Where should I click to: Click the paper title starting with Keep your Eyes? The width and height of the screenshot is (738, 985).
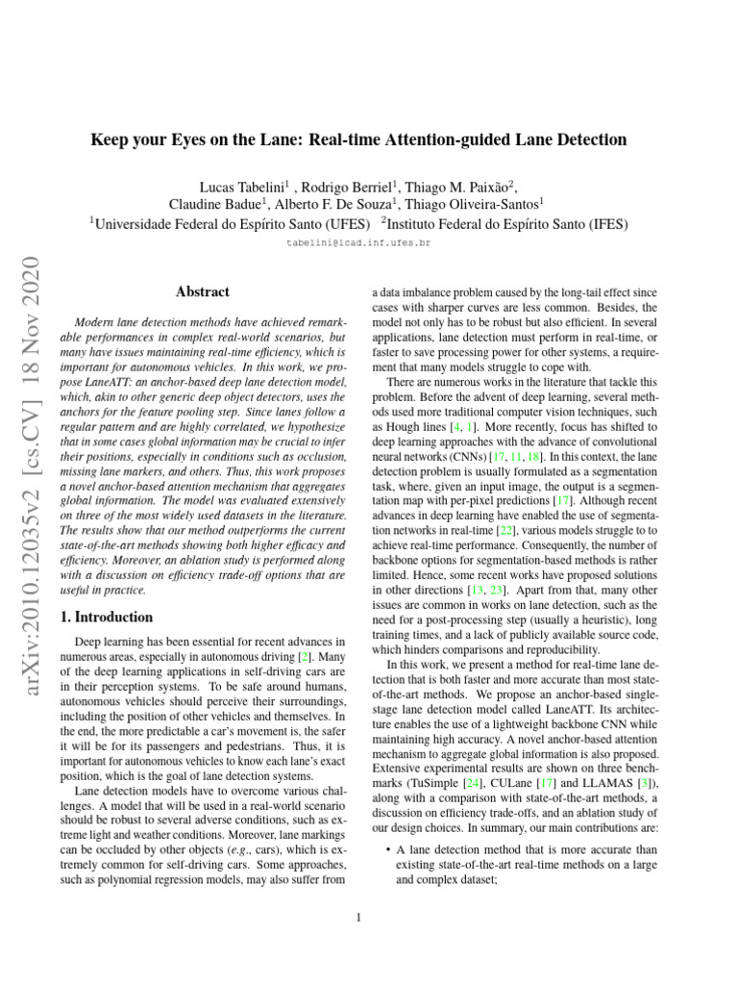tap(358, 140)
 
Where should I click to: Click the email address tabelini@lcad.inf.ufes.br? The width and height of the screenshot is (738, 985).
tap(358, 243)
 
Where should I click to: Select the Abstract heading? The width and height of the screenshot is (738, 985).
tap(203, 290)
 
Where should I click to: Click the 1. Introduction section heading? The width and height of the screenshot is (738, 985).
tap(107, 618)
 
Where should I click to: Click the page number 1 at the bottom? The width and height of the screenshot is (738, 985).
tap(358, 917)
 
